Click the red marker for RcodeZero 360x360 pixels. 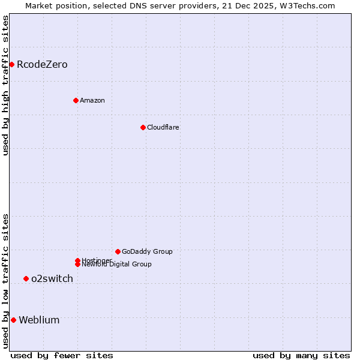[11, 64]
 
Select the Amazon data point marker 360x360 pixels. [76, 100]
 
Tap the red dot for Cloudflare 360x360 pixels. [143, 127]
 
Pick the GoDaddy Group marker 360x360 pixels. [118, 251]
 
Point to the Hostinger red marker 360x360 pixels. [77, 260]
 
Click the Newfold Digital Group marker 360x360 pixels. [77, 264]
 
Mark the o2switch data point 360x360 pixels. [26, 278]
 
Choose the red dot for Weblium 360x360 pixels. [13, 320]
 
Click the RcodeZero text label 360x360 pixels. [42, 64]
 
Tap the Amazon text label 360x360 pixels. [92, 100]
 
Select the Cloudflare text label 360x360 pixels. [163, 127]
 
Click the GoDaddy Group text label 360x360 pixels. [147, 251]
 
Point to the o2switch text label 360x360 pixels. [52, 278]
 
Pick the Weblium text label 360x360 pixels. [39, 320]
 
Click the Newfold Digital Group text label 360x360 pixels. [116, 265]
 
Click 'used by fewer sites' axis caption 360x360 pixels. [61, 355]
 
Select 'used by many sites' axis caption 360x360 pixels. [301, 355]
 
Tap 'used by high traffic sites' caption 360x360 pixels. [5, 85]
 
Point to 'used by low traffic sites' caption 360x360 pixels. [5, 281]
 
